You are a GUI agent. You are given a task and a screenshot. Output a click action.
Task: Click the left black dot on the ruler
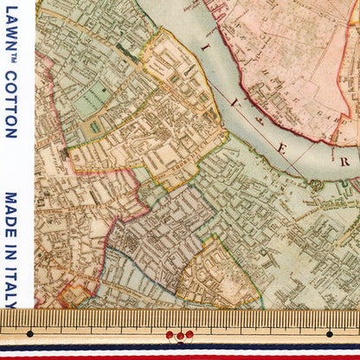point(29,333)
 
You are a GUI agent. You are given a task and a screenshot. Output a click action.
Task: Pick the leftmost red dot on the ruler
point(170,333)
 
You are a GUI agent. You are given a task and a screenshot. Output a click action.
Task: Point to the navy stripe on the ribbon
point(180,346)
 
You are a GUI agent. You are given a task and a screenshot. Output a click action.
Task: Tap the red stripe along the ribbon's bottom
point(180,356)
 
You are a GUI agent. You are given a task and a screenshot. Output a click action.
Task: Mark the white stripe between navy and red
point(180,351)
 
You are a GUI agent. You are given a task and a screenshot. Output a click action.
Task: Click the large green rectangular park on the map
point(87,104)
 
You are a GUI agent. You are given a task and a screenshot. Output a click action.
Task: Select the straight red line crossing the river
point(260,104)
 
